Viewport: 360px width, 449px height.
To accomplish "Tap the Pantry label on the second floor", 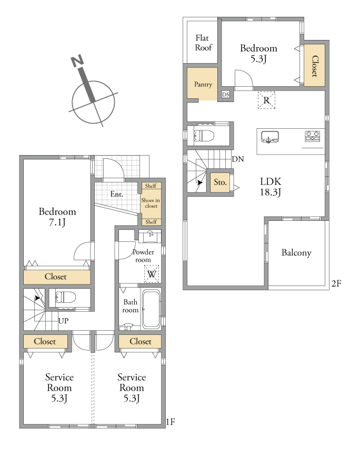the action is click(x=203, y=84).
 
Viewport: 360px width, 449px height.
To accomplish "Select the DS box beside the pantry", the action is click(x=226, y=95).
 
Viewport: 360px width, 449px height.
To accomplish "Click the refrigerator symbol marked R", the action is click(x=266, y=100).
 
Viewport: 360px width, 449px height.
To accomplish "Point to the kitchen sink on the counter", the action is click(x=269, y=137).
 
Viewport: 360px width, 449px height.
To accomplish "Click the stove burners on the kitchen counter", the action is click(x=312, y=136).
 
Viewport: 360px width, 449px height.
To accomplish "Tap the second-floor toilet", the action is click(x=204, y=136).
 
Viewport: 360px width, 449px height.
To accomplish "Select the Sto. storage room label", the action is click(x=220, y=182).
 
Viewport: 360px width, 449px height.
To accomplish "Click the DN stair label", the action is click(x=238, y=159).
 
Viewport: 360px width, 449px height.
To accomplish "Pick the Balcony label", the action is click(x=296, y=252).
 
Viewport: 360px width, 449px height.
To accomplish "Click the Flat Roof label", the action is click(x=203, y=43).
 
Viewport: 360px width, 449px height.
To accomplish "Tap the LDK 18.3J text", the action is click(x=271, y=187).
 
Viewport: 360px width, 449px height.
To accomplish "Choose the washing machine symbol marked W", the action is click(x=152, y=274).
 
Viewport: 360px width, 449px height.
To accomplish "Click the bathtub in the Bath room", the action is click(x=152, y=309).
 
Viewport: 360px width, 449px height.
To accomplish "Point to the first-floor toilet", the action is click(x=66, y=297).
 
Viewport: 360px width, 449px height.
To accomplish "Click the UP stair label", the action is click(x=63, y=321).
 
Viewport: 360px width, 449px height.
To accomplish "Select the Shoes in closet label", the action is click(x=151, y=203).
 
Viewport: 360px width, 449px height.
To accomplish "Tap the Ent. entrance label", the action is click(x=117, y=194).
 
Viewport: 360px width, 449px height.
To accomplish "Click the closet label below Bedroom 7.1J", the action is click(x=56, y=277).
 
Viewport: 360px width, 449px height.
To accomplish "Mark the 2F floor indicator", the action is click(x=336, y=283).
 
